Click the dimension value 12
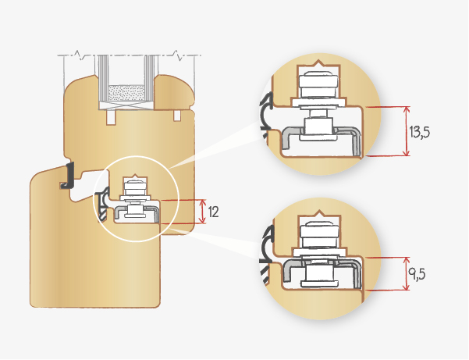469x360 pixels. (x=214, y=211)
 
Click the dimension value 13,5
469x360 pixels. (x=419, y=132)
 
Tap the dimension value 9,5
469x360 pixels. (x=419, y=275)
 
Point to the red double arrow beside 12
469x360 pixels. (x=202, y=211)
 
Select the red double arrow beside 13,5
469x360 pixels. (x=407, y=131)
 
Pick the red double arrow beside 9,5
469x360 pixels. (x=407, y=274)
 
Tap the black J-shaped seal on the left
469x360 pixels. (x=67, y=176)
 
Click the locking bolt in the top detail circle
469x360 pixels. (x=318, y=102)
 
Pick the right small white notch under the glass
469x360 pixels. (x=177, y=116)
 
